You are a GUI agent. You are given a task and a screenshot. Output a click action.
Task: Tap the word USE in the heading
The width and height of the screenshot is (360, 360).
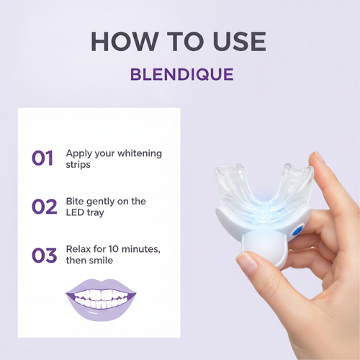click(239, 41)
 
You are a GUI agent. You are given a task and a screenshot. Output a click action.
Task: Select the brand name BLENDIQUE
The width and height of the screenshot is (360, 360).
click(182, 74)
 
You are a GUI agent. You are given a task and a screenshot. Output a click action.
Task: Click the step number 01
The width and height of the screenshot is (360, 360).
click(42, 158)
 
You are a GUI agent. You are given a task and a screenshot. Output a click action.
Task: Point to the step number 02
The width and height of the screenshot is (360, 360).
click(45, 207)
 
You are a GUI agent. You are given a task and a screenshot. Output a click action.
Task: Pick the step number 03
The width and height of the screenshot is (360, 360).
click(45, 255)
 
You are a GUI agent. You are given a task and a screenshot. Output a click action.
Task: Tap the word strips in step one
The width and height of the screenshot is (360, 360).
click(78, 165)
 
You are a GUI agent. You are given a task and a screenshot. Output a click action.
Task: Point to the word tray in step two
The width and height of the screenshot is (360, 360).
click(95, 213)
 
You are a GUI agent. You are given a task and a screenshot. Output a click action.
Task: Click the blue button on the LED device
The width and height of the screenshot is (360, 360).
click(297, 232)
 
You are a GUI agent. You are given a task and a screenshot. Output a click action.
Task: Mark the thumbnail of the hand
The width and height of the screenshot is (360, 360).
click(247, 264)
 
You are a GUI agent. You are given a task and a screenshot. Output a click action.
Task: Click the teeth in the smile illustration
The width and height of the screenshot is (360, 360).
click(101, 299)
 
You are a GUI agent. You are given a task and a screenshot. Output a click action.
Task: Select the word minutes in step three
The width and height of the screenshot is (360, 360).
click(141, 250)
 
